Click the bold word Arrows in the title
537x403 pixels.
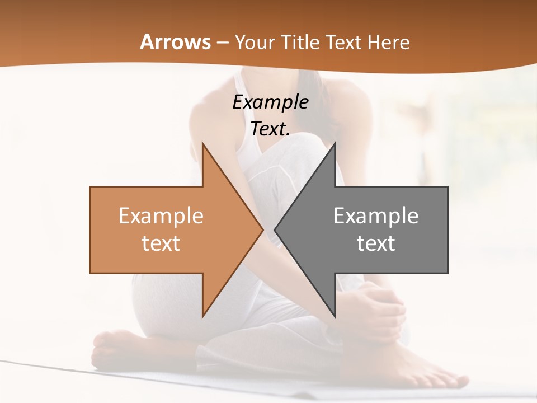[175, 42]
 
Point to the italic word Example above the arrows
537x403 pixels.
[270, 102]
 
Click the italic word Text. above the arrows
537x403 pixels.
[270, 129]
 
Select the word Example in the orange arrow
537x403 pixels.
[161, 216]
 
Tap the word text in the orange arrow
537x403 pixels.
[161, 243]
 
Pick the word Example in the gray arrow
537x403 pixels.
[376, 216]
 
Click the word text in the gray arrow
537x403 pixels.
[376, 243]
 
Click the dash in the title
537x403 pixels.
[223, 43]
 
